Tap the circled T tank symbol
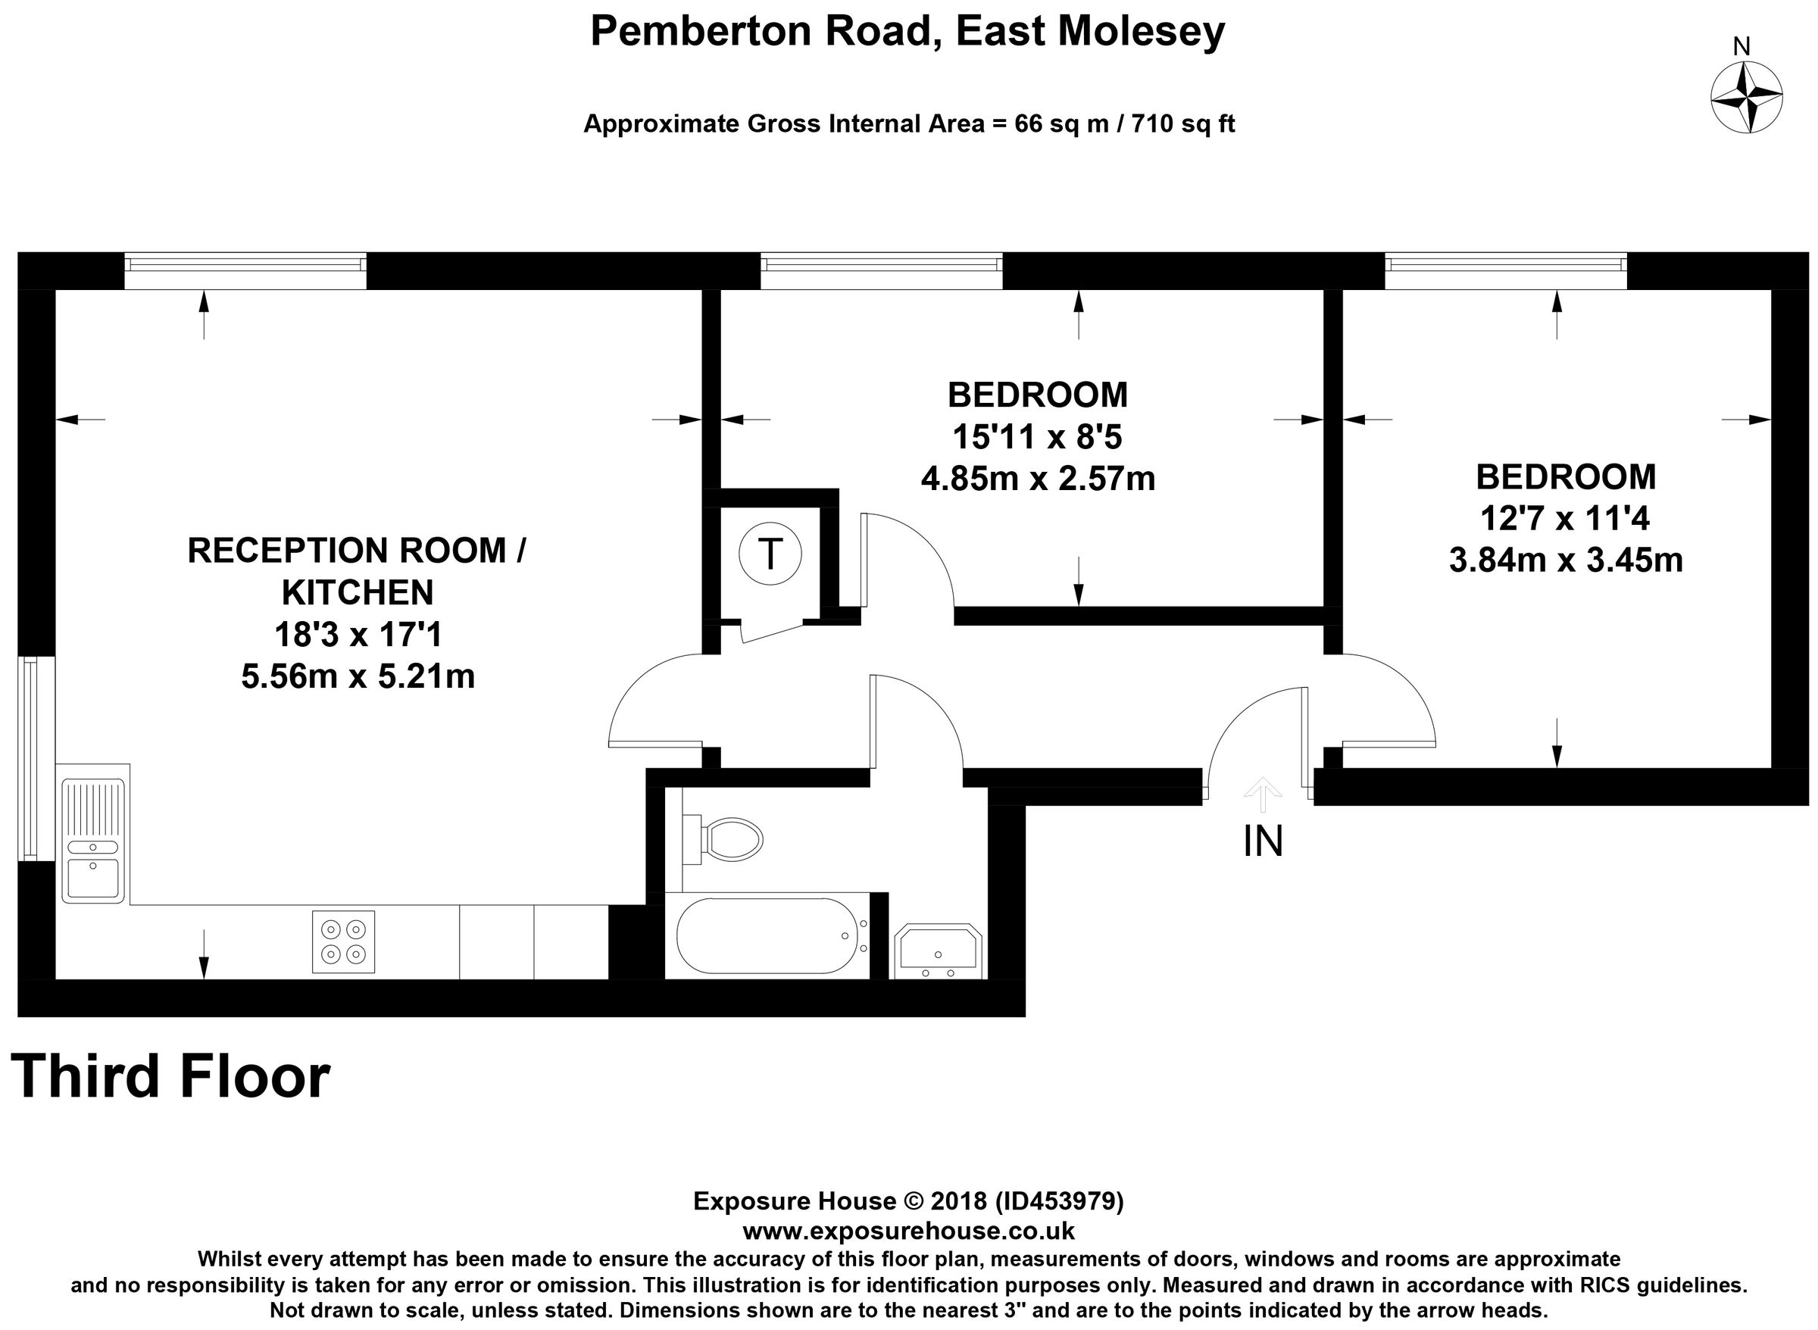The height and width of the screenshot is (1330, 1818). pyautogui.click(x=770, y=554)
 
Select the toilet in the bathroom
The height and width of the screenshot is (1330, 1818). pyautogui.click(x=724, y=841)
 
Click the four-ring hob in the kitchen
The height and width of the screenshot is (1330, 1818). pyautogui.click(x=343, y=941)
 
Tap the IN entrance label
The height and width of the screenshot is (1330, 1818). pyautogui.click(x=1263, y=841)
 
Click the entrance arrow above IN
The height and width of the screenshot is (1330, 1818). pyautogui.click(x=1263, y=794)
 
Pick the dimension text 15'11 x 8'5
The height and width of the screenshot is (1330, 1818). pyautogui.click(x=1037, y=437)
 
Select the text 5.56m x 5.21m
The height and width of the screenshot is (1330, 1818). pyautogui.click(x=358, y=676)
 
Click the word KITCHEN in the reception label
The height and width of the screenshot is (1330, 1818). pyautogui.click(x=358, y=592)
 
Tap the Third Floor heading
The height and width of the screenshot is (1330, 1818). pyautogui.click(x=170, y=1077)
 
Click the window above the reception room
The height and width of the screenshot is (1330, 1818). pyautogui.click(x=245, y=271)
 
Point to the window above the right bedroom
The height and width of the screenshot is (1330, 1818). pyautogui.click(x=1505, y=271)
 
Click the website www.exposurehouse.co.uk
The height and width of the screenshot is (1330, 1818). pyautogui.click(x=908, y=1231)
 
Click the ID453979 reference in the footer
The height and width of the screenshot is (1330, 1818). pyautogui.click(x=1060, y=1201)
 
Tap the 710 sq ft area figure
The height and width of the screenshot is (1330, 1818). pyautogui.click(x=1182, y=124)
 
